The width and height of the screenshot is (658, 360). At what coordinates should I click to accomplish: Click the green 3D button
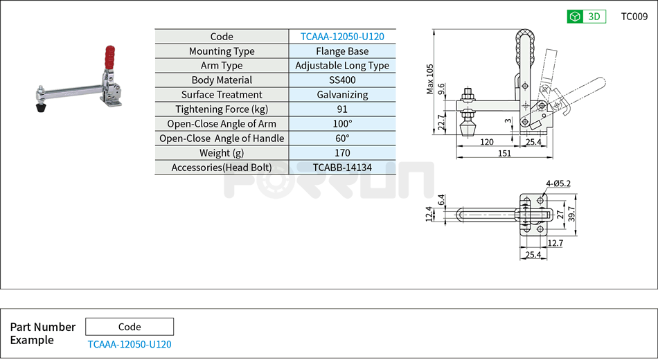(x=586, y=17)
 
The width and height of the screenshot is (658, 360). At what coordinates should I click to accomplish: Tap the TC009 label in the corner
(x=634, y=17)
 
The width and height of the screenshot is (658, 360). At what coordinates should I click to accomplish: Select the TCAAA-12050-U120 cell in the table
(x=342, y=37)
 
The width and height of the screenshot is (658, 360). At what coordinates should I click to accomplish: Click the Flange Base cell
(x=342, y=51)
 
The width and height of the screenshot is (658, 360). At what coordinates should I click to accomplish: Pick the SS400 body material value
(x=342, y=80)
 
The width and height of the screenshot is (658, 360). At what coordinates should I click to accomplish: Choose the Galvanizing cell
(x=342, y=95)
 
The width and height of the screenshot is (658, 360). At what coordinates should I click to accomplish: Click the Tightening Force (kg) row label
(x=222, y=109)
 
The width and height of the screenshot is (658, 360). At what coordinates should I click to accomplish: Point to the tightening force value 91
(x=342, y=109)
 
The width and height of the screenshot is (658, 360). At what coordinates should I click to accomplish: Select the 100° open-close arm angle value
(x=342, y=124)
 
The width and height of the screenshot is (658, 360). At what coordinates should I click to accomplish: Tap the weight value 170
(x=342, y=153)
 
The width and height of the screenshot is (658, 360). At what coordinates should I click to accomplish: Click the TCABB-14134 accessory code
(x=342, y=168)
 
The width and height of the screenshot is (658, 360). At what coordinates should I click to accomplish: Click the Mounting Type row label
(x=222, y=51)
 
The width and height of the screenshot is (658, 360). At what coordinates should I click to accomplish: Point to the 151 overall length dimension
(x=504, y=153)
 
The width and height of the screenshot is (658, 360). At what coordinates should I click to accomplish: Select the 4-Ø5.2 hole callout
(x=558, y=184)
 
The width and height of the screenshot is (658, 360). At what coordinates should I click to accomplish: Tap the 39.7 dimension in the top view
(x=571, y=214)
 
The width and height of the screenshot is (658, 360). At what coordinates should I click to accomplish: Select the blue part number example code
(x=130, y=344)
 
